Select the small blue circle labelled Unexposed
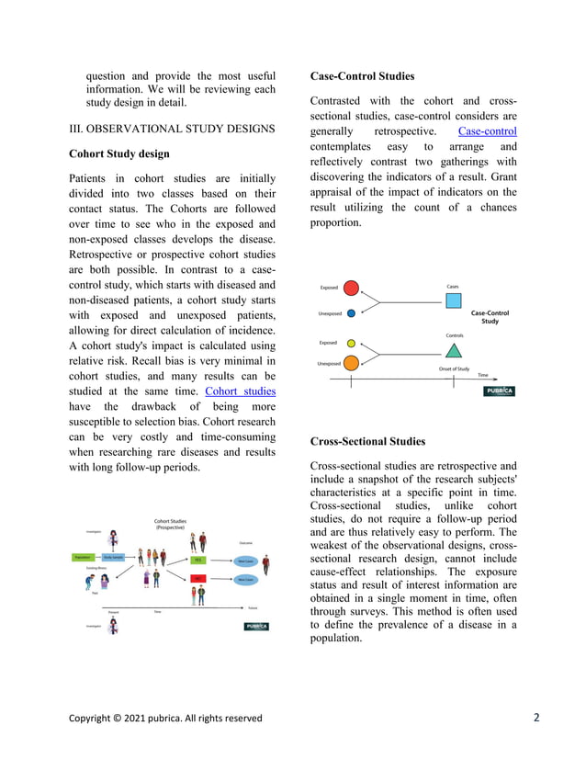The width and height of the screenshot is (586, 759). [x=351, y=313]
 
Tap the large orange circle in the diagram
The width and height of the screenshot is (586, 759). [x=351, y=363]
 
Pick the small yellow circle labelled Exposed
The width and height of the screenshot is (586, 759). [x=351, y=343]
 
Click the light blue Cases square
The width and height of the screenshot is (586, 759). [x=453, y=300]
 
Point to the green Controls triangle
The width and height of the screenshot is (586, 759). [x=453, y=350]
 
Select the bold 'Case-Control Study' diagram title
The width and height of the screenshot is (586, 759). [x=490, y=317]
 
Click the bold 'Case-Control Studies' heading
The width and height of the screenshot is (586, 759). [x=362, y=75]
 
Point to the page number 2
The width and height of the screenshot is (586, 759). [x=535, y=718]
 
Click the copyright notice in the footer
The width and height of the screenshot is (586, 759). [x=165, y=719]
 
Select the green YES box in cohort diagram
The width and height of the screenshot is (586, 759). [x=197, y=559]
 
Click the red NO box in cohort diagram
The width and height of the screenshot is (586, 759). [x=197, y=579]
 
